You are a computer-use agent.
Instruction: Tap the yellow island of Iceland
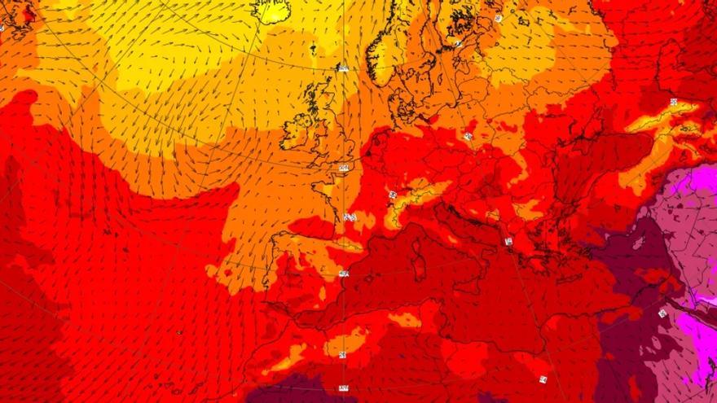[x=271, y=9]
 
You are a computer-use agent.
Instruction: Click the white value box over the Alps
[x=393, y=195]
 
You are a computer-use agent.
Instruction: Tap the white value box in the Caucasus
[x=674, y=102]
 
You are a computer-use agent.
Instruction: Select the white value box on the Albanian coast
[x=508, y=241]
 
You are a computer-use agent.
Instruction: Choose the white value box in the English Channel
[x=343, y=168]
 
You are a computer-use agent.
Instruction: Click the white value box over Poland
[x=468, y=136]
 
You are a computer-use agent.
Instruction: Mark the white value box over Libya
[x=543, y=379]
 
